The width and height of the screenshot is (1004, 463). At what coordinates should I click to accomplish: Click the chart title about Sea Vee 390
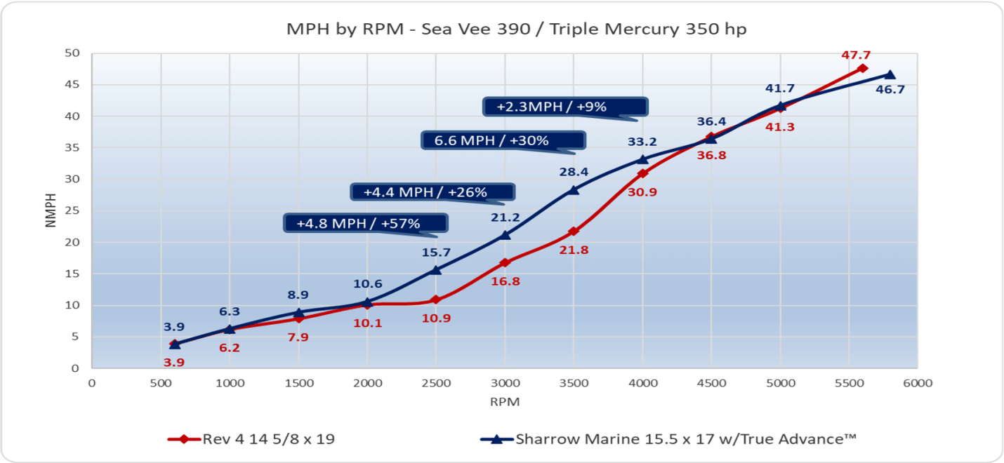click(x=501, y=29)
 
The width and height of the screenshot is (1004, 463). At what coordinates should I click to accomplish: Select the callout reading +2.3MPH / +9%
click(x=565, y=107)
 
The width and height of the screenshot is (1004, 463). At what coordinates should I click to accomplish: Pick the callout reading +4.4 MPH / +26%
click(x=432, y=192)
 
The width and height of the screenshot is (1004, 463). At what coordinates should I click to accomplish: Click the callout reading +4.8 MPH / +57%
click(x=366, y=224)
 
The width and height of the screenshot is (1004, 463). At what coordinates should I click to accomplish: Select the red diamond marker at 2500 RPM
click(x=435, y=300)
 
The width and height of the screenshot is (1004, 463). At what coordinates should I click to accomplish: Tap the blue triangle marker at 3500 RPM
click(x=574, y=189)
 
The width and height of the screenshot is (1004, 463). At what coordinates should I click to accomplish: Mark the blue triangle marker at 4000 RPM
click(x=642, y=159)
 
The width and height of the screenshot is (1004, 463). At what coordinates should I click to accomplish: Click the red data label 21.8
click(x=574, y=249)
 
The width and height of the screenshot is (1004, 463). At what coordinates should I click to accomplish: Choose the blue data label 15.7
click(x=435, y=252)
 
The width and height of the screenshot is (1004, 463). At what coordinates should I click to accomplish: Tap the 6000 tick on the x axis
click(x=917, y=383)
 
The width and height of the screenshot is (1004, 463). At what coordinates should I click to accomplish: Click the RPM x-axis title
click(x=504, y=402)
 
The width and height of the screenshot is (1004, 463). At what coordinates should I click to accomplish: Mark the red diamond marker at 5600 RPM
click(x=862, y=68)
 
